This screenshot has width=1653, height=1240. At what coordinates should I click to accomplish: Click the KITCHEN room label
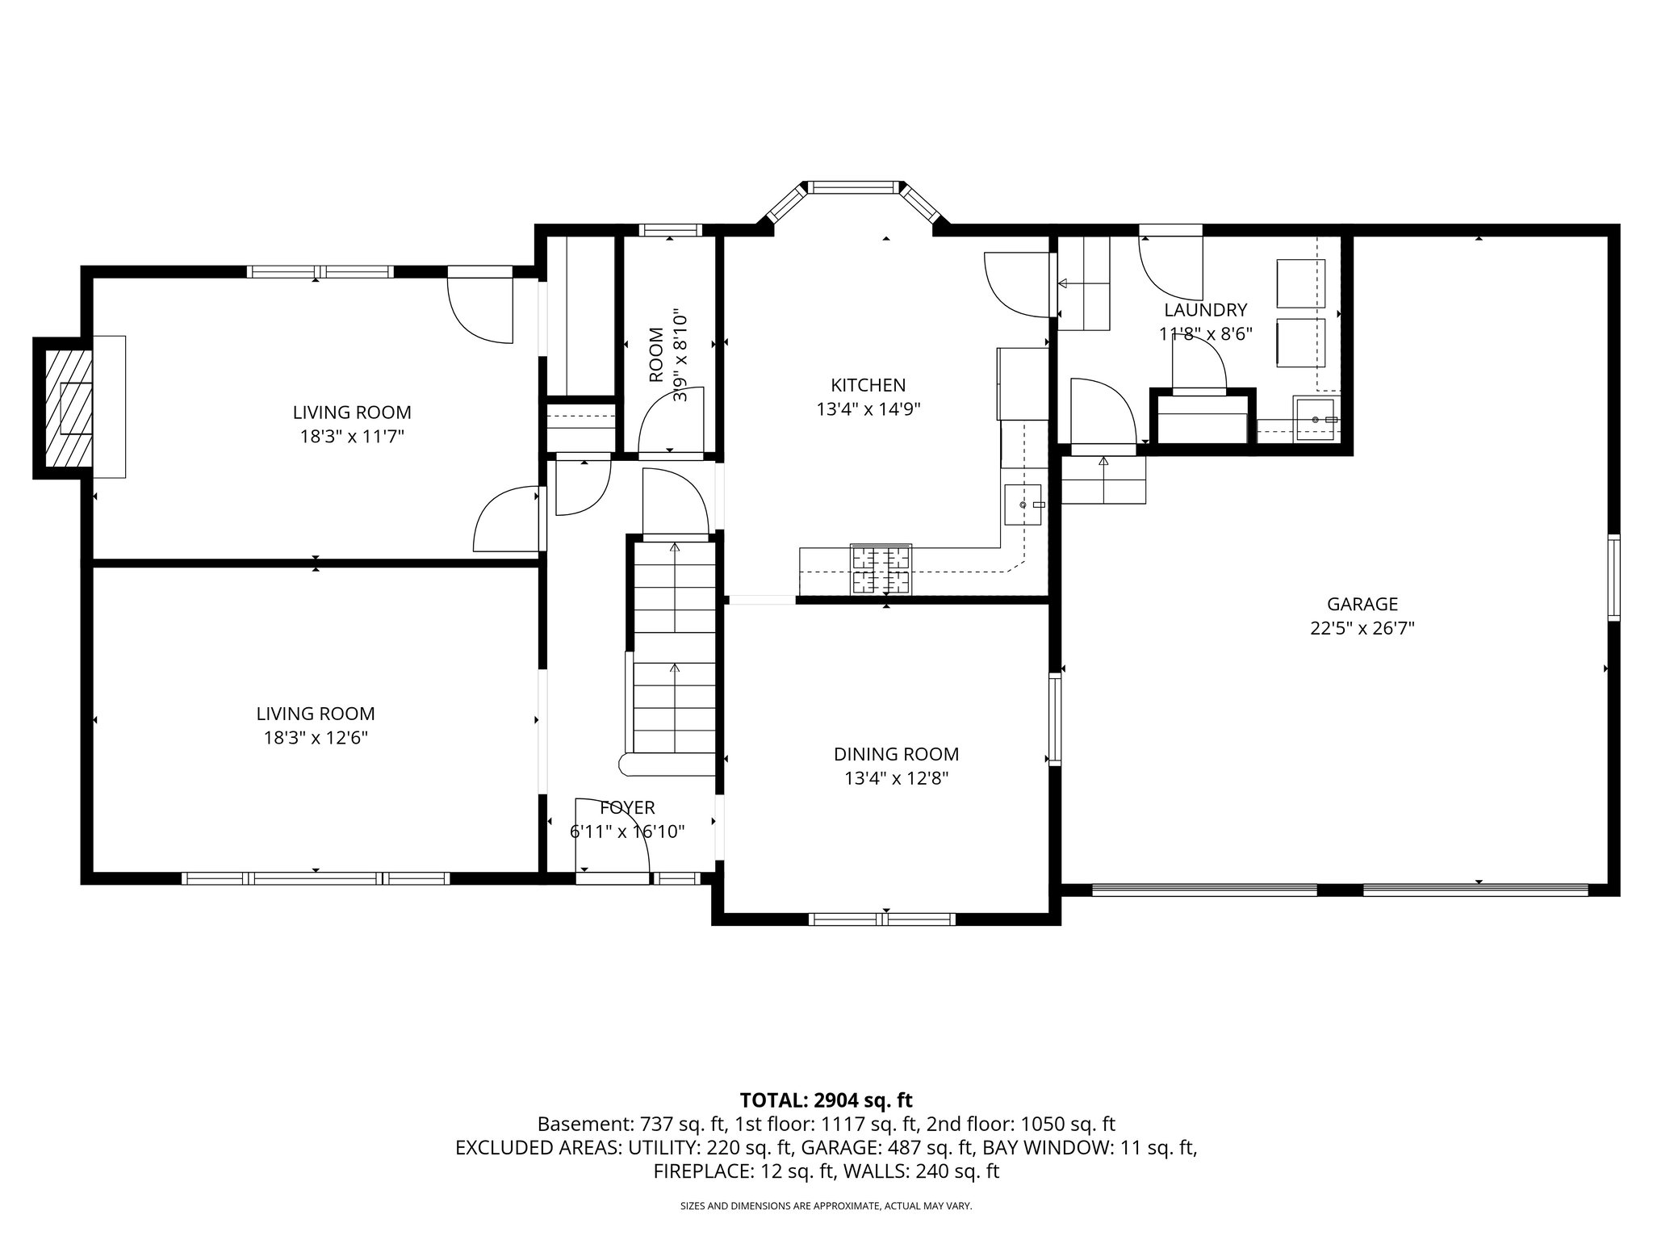868,385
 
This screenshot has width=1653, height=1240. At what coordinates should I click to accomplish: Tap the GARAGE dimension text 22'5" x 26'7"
1362,628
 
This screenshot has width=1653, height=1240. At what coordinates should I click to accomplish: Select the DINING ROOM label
896,754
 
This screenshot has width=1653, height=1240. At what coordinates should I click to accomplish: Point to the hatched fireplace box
68,408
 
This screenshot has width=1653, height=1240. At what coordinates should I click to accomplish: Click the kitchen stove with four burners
880,569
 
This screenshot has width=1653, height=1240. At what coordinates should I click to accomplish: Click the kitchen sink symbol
1023,505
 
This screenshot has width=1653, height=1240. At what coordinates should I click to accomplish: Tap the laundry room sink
1315,420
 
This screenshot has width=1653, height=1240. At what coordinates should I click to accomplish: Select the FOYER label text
627,807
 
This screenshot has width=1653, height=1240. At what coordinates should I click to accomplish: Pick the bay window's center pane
854,187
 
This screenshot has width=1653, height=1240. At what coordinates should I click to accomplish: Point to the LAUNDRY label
1205,310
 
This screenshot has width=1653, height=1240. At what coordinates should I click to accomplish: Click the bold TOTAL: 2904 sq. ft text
826,1100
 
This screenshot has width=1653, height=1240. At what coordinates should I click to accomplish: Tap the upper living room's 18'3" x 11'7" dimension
351,437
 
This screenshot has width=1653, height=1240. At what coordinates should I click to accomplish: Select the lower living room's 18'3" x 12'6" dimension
316,738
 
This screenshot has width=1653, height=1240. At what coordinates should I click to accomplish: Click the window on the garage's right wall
1613,576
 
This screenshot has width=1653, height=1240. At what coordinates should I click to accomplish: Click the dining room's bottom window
881,919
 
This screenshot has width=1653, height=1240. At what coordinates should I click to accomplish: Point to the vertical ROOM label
655,355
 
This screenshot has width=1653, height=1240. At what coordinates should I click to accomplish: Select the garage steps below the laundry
1103,480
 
